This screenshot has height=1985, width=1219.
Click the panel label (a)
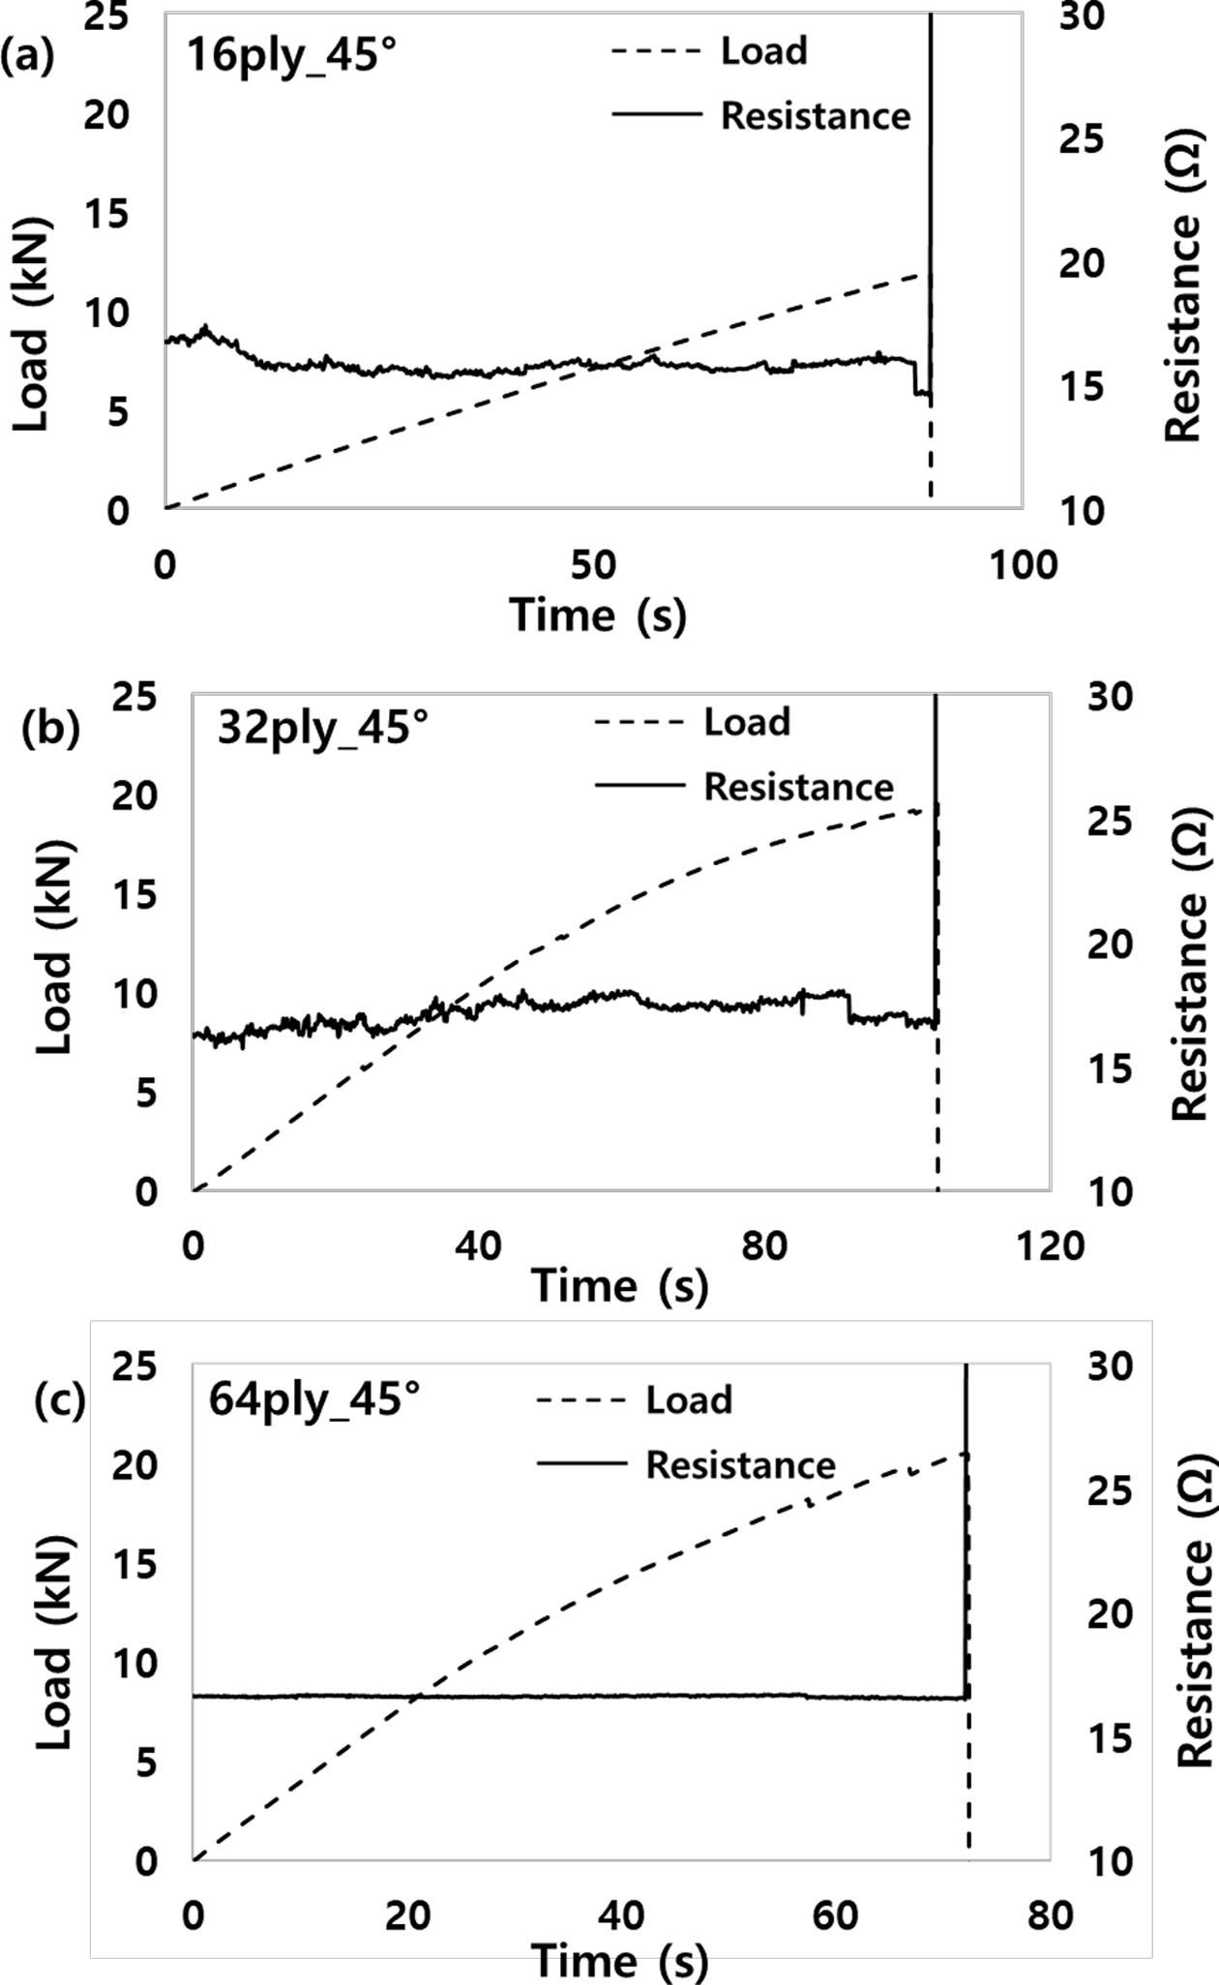click(x=27, y=57)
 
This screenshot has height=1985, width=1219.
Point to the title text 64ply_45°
click(x=314, y=1399)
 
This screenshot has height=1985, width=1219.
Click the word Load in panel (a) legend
click(x=763, y=50)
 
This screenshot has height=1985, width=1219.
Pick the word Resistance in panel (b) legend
click(x=798, y=787)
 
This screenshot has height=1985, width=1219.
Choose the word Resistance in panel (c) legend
click(x=740, y=1464)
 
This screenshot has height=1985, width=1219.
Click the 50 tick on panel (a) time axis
click(x=593, y=565)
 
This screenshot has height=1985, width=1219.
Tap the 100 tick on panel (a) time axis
click(x=1024, y=565)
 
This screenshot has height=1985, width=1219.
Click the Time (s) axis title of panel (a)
click(x=598, y=615)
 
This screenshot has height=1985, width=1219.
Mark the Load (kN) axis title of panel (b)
click(x=56, y=945)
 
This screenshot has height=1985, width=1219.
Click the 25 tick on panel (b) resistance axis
click(x=1108, y=821)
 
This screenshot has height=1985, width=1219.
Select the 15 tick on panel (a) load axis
click(x=107, y=215)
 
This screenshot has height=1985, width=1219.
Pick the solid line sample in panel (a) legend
click(x=656, y=115)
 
